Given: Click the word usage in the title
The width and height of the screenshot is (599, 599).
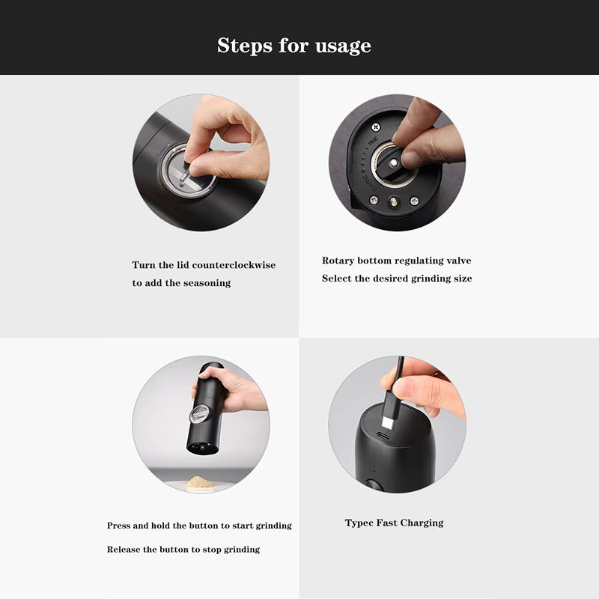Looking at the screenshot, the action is [343, 46].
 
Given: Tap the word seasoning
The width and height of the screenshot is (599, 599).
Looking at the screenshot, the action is [207, 283].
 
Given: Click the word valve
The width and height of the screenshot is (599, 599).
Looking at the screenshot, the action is [459, 261].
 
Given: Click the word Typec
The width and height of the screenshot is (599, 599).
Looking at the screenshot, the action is [359, 523].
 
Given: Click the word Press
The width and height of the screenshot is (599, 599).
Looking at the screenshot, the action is [118, 526].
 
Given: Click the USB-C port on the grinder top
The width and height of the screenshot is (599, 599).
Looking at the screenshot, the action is [383, 437].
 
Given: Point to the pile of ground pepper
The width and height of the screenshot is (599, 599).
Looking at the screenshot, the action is [199, 481].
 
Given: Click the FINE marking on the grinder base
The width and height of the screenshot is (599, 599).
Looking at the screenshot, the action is [372, 141].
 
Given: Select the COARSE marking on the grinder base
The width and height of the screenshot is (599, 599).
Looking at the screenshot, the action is [368, 183].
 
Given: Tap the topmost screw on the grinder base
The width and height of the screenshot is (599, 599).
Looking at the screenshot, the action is [376, 127].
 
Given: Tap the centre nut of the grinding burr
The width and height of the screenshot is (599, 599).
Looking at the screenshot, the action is [393, 163].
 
